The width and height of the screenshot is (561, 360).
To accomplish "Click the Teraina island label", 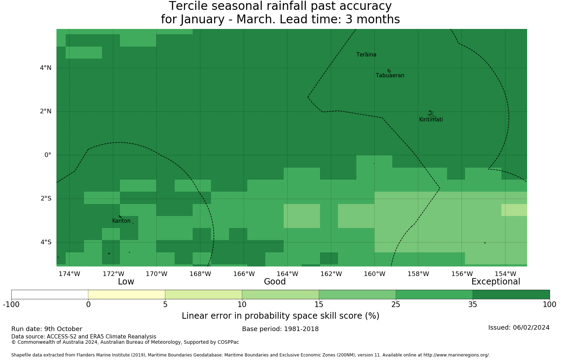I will [366, 55].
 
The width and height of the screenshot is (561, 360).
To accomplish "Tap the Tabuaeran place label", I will [390, 76].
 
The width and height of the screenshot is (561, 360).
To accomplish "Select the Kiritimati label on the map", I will [431, 120].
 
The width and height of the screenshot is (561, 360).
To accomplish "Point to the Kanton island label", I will [121, 221].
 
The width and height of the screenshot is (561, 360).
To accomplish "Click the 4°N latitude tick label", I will [46, 68].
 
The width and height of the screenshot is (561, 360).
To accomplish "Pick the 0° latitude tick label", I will [48, 155].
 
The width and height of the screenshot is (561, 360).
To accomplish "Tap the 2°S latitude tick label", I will [46, 199].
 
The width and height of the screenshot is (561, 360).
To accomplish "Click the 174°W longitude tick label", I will [69, 274].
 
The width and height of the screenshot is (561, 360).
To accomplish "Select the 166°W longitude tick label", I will [244, 274].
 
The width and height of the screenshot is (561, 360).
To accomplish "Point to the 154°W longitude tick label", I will [505, 274].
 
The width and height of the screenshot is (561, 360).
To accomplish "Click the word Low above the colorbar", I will [126, 282].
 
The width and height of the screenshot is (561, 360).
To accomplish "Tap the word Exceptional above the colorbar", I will [496, 282].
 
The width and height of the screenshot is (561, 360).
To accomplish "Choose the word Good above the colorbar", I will [275, 282].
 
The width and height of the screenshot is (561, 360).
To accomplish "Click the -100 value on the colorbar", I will [11, 305].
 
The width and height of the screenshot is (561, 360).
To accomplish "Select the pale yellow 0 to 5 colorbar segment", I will [127, 295].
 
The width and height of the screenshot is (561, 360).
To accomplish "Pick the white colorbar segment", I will [50, 295].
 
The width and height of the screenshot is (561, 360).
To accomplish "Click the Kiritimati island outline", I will [432, 114].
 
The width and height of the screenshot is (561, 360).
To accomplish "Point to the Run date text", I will [47, 329].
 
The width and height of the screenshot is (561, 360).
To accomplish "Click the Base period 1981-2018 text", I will [280, 329].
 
